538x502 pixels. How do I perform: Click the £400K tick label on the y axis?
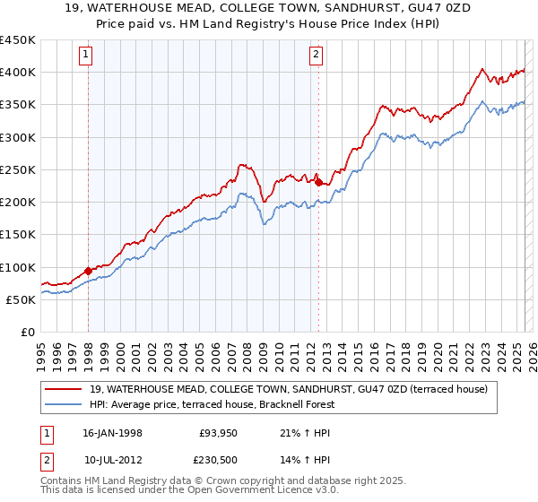point(17,73)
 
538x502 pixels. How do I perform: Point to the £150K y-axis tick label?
point(17,235)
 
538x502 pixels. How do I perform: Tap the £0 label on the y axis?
point(27,333)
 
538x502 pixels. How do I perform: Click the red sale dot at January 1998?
point(89,271)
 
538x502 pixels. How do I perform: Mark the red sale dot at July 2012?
point(318,182)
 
